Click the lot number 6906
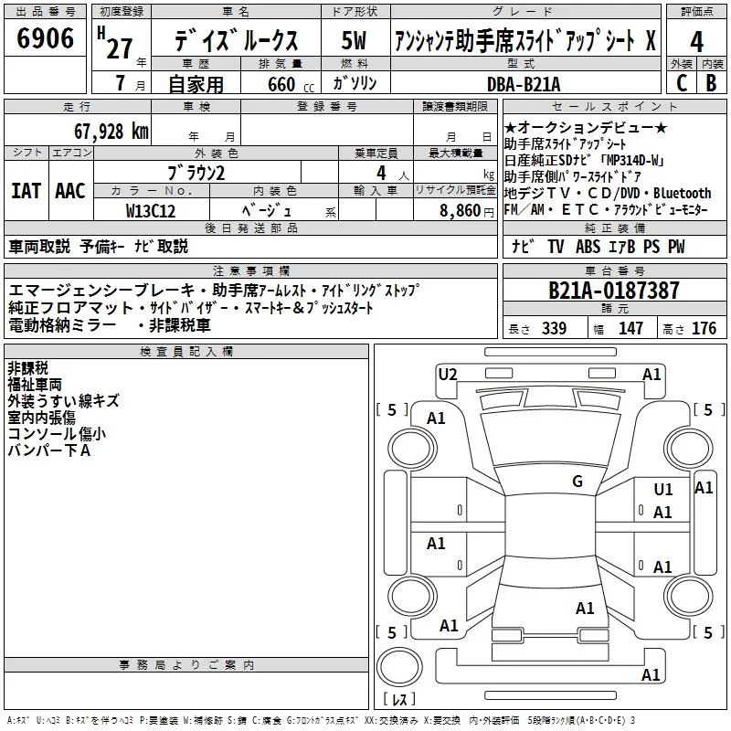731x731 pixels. [x=45, y=38]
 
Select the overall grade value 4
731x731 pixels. [x=696, y=42]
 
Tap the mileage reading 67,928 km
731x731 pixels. [x=111, y=132]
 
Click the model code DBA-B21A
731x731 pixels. [x=524, y=84]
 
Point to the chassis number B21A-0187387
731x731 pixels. [x=613, y=291]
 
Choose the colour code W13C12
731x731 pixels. [x=151, y=211]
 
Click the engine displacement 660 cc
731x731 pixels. [x=291, y=84]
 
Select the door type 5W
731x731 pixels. [x=354, y=40]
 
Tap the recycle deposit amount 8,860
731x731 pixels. [x=461, y=211]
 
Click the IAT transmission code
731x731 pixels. [x=26, y=191]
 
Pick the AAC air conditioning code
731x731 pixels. [x=70, y=191]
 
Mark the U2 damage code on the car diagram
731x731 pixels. [x=448, y=375]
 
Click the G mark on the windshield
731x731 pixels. [x=577, y=482]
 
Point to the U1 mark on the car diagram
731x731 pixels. [x=663, y=490]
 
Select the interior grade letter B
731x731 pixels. [x=711, y=83]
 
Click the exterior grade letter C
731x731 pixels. [x=682, y=83]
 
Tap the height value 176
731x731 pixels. [x=704, y=329]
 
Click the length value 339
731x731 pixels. [x=554, y=329]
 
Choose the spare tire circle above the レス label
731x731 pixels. [x=399, y=667]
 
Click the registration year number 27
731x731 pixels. [x=120, y=48]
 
